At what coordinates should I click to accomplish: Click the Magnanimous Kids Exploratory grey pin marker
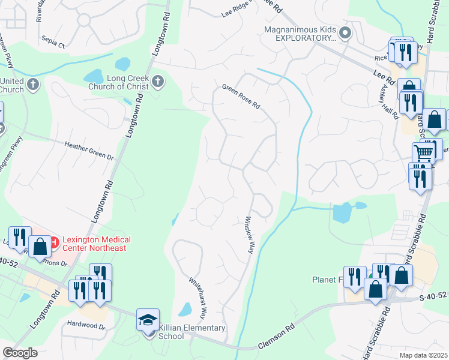[x=345, y=33]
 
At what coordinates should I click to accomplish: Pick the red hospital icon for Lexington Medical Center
[x=53, y=243]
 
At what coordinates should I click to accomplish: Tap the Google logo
[x=20, y=353]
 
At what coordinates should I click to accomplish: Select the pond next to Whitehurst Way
[x=185, y=310]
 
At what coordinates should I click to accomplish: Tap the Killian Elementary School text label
[x=191, y=332]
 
